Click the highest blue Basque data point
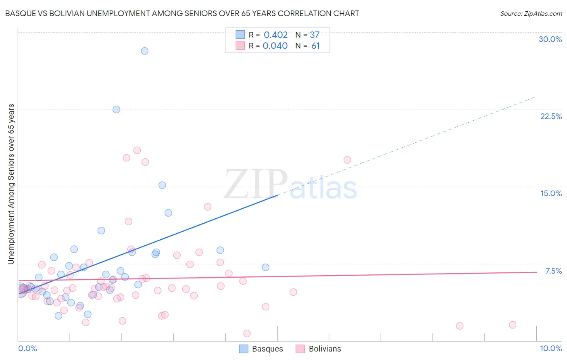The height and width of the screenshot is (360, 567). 144,51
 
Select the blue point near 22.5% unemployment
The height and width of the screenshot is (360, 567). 116,109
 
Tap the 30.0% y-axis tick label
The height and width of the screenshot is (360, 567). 550,39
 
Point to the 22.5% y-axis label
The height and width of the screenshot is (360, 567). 551,116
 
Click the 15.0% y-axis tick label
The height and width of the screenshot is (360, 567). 551,193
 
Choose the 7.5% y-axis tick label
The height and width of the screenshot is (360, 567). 553,271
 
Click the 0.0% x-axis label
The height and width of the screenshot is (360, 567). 27,348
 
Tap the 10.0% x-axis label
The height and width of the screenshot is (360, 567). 550,348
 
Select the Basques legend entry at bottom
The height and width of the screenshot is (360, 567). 261,349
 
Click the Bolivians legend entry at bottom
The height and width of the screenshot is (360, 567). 319,349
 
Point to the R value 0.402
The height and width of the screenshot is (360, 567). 275,35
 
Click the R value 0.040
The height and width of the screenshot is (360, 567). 275,46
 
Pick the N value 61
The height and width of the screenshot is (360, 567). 315,46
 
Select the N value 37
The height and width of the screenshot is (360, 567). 315,35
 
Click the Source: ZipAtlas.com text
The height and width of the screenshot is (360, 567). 531,13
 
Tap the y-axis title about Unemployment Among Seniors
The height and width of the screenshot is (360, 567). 11,184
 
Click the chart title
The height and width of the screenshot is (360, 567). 182,13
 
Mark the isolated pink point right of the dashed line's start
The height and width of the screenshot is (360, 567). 347,160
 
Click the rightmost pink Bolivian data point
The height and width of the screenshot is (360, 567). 512,325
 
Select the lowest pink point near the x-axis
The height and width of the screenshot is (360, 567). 247,333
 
